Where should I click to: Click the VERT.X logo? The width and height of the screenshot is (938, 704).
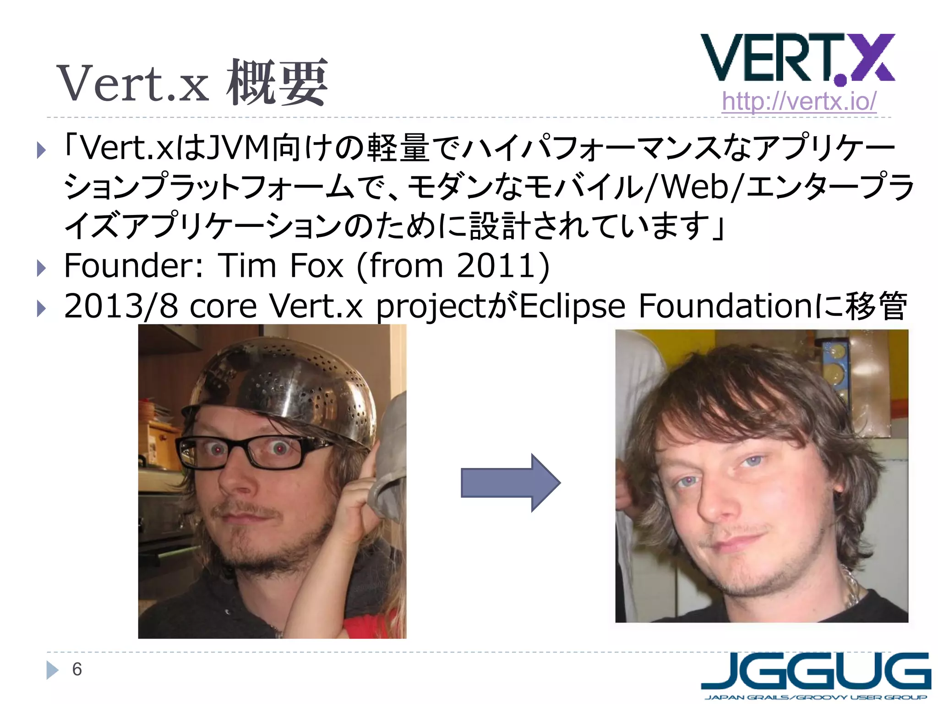point(797,59)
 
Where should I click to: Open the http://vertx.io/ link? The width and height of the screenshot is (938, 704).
point(799,101)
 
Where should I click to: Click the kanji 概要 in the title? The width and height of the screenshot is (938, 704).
point(277,82)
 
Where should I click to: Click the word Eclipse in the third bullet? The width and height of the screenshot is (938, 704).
point(573,306)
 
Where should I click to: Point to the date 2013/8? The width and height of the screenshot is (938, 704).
point(121,306)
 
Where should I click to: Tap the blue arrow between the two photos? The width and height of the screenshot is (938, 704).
point(510,483)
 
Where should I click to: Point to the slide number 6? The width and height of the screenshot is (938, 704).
point(77,669)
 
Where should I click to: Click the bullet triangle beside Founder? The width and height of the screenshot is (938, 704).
point(41,268)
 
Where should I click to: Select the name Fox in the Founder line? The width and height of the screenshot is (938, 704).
point(316,266)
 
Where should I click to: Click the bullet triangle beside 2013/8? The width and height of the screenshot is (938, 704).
point(41,308)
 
